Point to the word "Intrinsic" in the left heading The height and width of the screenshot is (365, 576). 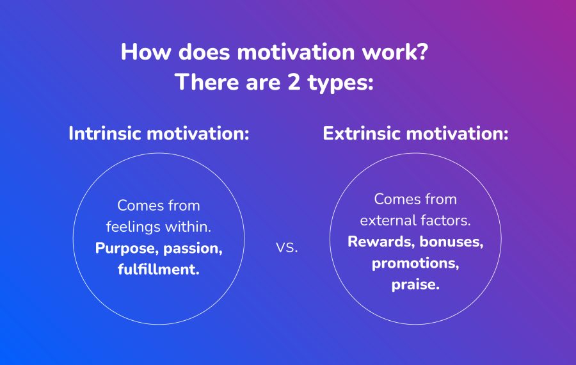105,133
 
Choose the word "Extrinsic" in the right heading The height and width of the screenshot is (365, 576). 362,133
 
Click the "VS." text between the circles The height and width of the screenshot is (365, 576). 287,248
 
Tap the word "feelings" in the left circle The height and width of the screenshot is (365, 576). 133,227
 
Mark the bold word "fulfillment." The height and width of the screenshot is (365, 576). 159,270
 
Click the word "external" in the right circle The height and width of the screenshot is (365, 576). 388,220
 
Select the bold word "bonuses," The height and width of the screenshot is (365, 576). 451,242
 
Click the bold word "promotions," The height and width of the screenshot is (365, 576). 415,264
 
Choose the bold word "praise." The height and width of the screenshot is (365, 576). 415,285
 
